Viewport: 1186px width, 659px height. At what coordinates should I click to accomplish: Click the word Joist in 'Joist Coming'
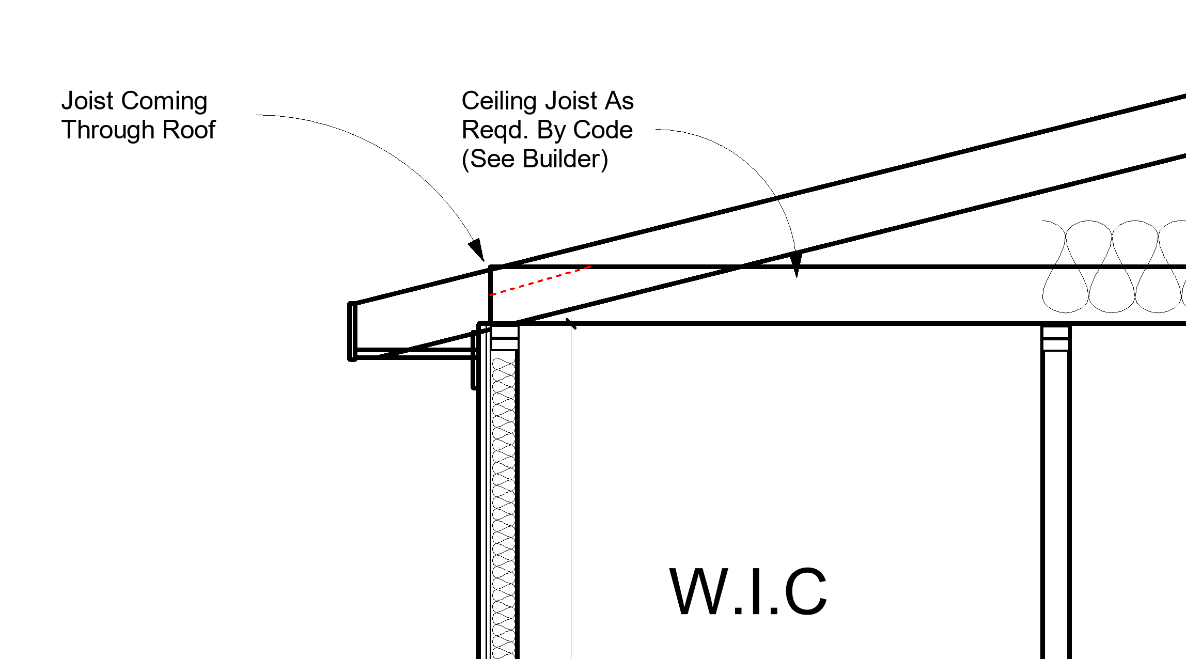(87, 101)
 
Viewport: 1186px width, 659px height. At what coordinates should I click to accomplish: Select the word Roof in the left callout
(189, 130)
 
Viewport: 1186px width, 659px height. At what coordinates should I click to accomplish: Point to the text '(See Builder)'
(535, 159)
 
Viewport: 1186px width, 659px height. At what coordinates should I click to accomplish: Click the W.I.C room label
(748, 592)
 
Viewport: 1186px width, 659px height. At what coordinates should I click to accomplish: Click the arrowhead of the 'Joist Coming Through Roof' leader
(477, 250)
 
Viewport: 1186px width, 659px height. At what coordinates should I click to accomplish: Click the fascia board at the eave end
(352, 331)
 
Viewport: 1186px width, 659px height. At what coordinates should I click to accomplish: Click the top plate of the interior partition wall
(1056, 338)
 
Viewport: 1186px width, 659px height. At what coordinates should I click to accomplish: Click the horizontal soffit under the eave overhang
(413, 353)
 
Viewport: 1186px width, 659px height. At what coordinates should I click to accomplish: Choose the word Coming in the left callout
(164, 101)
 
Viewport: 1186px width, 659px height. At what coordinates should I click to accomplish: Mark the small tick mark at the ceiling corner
(571, 324)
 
